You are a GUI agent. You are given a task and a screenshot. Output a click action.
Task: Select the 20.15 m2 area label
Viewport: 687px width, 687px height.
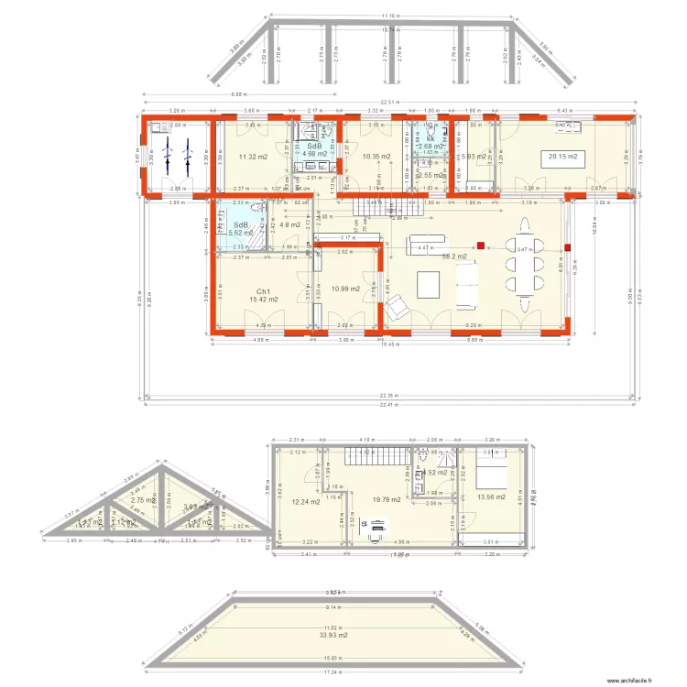562,157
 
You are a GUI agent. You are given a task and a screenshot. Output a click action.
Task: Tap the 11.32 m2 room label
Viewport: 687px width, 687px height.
253,157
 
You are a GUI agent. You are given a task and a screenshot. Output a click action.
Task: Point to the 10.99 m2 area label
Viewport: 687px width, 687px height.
345,289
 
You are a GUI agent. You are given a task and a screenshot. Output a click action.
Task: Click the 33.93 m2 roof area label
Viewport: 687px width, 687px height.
339,634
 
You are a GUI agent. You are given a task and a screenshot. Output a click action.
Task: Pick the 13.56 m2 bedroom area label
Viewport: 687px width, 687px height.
491,497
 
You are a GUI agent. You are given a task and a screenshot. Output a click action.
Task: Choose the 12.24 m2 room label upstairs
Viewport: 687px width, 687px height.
306,502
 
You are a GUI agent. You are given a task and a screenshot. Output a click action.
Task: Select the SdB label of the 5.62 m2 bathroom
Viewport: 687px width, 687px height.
242,225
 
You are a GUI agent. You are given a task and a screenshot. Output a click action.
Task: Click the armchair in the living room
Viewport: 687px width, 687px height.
397,311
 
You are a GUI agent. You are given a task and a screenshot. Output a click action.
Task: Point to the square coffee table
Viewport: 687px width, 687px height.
429,285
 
